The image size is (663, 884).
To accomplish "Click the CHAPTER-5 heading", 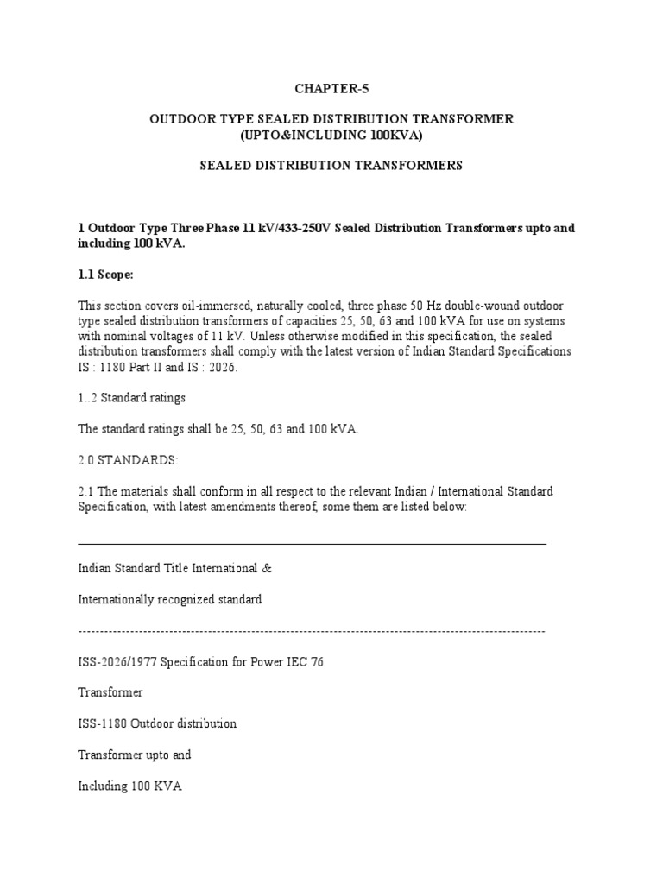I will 331,87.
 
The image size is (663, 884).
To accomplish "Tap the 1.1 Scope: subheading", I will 106,275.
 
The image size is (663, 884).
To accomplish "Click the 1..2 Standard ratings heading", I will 132,398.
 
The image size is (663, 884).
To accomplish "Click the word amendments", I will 265,507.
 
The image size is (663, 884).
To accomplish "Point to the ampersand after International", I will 268,569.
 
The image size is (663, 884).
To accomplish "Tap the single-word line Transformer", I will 110,692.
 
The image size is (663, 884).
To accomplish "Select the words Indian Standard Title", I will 133,569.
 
